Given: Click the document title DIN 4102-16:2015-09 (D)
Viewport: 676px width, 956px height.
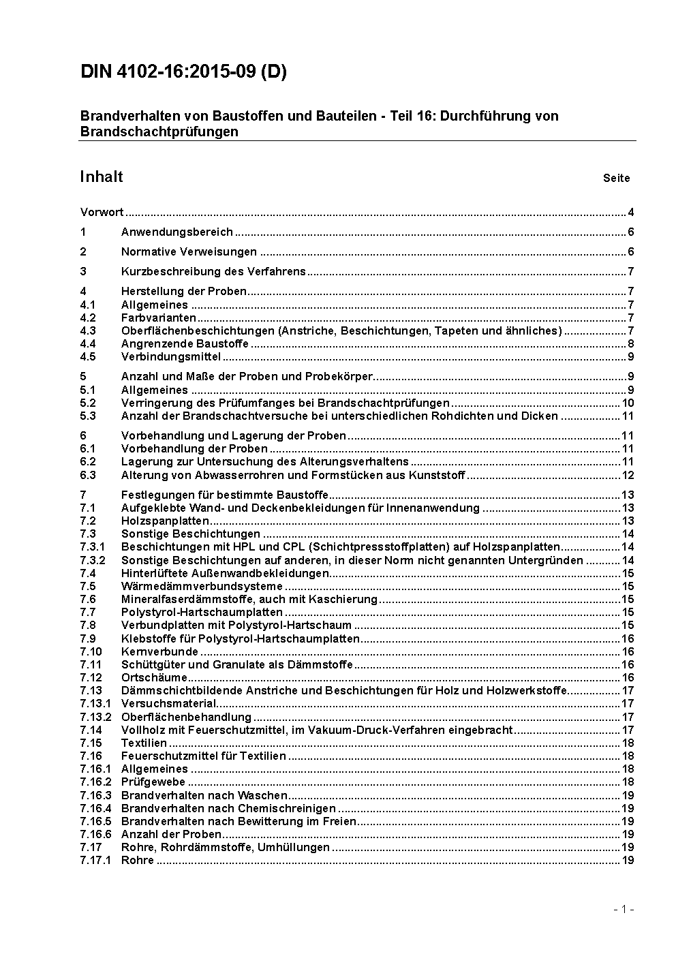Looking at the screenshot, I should coord(183,72).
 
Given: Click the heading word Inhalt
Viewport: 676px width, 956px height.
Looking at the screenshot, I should coord(102,177).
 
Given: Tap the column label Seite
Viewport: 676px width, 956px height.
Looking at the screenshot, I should coord(616,179).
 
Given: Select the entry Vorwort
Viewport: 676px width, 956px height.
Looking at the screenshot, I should coord(102,212).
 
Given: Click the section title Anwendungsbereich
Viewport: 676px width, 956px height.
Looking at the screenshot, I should coord(177,232).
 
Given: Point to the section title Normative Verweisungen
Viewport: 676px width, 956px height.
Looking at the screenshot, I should coord(189,251).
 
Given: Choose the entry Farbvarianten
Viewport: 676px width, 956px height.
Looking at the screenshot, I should coord(159,318).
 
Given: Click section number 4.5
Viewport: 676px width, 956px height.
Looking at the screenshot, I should coord(88,356).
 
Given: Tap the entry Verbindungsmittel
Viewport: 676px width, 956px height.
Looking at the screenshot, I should coord(171,356).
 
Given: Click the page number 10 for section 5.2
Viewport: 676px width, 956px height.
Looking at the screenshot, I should coord(628,403).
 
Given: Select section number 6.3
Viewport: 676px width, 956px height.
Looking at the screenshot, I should coord(88,475).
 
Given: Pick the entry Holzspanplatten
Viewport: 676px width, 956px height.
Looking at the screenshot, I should coord(165,521).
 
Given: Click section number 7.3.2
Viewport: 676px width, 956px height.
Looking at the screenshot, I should coord(93,560).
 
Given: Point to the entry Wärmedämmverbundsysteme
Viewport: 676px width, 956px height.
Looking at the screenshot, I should coord(202,586).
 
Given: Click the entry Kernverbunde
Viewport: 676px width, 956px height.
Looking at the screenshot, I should coord(159,651).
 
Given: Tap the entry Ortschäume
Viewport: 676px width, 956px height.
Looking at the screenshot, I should coord(154,677).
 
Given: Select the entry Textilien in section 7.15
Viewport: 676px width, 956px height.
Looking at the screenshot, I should coord(144,743).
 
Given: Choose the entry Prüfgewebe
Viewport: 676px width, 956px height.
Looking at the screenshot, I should coord(153,782).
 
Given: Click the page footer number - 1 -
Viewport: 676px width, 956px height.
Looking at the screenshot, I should coord(624,909).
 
